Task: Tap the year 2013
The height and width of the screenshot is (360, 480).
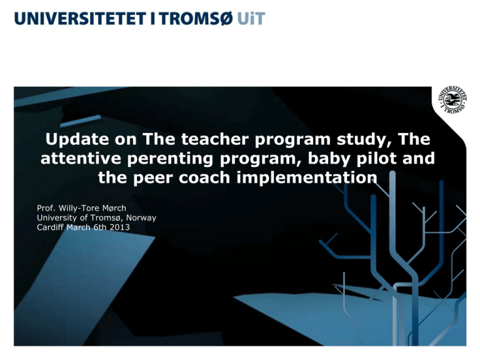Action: pos(118,227)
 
